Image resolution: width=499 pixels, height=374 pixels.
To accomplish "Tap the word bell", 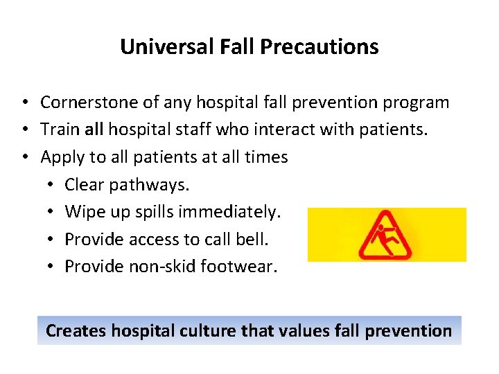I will point(254,239).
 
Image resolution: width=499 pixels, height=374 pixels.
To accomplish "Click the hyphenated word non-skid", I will point(161,266).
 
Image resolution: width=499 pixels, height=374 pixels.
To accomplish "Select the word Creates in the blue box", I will point(74,331).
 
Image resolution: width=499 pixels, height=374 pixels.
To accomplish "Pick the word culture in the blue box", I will point(204,331).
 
